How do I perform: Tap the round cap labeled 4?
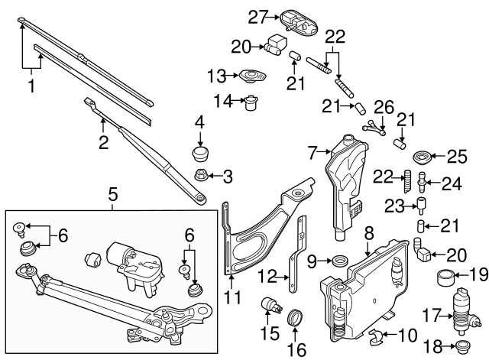point(201,147)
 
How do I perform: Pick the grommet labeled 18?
point(461,349)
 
